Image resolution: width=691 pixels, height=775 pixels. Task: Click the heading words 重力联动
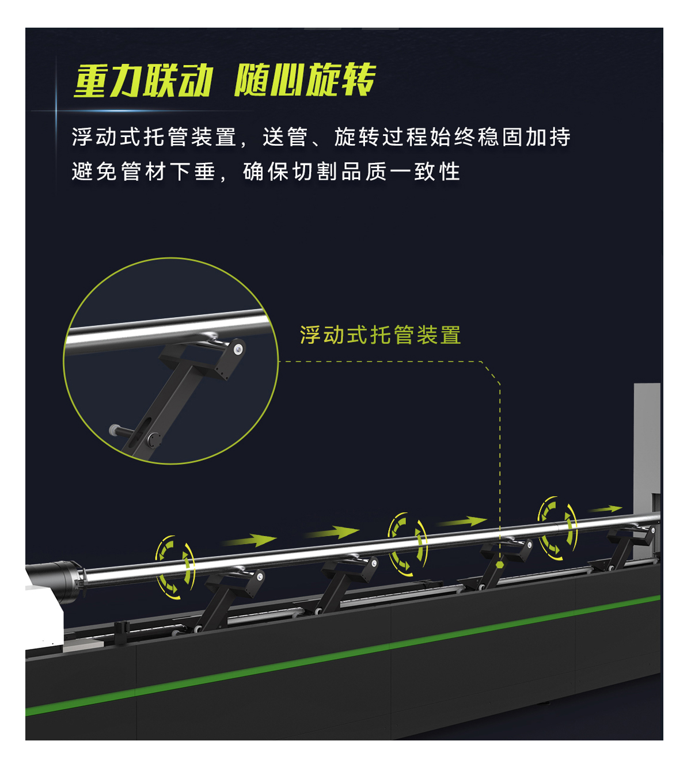143,81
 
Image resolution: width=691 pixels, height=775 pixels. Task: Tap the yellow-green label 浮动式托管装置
381,335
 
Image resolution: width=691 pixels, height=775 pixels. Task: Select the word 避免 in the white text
94,172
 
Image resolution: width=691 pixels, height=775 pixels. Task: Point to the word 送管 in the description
285,137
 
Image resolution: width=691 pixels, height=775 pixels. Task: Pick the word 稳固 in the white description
501,137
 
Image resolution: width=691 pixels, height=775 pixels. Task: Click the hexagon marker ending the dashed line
500,565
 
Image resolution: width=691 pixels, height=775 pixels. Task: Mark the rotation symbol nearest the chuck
175,568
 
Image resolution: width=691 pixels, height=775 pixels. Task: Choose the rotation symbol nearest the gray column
557,528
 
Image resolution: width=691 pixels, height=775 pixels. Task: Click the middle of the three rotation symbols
407,545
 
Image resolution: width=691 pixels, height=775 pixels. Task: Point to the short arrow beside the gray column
606,509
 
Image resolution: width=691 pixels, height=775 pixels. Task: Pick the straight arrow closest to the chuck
249,540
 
